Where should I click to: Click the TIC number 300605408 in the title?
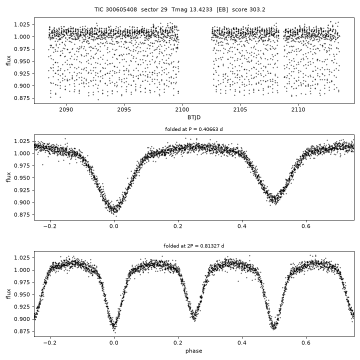tap(121, 9)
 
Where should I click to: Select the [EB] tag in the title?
tap(222, 9)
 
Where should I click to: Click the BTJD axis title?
tap(194, 117)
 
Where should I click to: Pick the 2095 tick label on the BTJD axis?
tap(124, 109)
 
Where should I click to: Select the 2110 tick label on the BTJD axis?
tap(298, 109)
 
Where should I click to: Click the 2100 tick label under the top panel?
tap(182, 109)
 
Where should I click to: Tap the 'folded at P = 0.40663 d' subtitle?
tap(194, 129)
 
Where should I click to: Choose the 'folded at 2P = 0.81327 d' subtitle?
tap(194, 246)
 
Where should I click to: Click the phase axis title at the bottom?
tap(194, 351)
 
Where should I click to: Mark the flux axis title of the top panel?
tap(8, 60)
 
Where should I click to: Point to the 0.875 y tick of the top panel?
tap(22, 98)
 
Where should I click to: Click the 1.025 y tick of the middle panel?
tap(22, 141)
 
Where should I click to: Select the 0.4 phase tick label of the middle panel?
tap(242, 226)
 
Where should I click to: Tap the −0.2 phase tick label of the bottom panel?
tap(50, 343)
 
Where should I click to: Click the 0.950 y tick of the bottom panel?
tap(22, 294)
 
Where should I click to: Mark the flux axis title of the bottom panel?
tap(8, 294)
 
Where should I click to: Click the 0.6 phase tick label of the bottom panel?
tap(306, 343)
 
